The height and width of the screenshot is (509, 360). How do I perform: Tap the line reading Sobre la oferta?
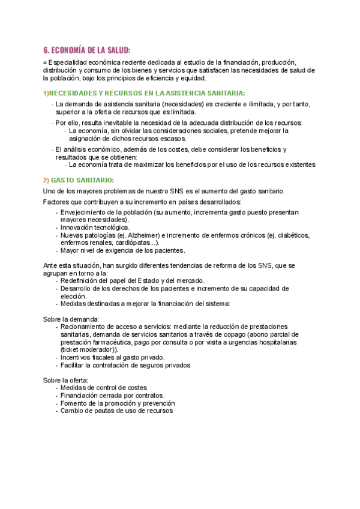[x=65, y=380]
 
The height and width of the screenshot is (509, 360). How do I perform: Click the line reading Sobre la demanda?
[x=71, y=319]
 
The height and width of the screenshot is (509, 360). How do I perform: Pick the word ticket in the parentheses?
[x=72, y=349]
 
